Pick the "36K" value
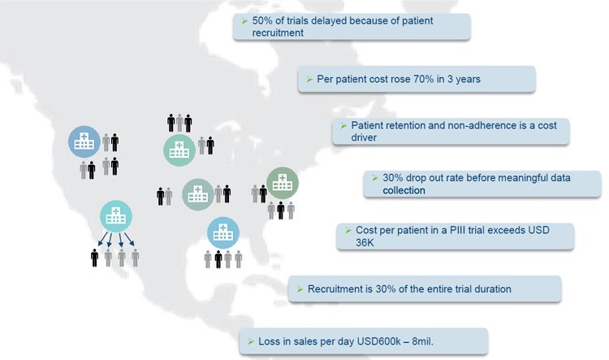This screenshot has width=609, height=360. coord(365,243)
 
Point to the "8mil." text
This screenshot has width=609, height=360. coord(422,341)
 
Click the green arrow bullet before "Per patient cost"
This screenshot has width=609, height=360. coord(309,80)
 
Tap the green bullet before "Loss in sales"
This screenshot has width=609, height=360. coord(251,342)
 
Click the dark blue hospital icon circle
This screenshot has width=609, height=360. coord(84,142)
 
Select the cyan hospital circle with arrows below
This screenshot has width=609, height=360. coord(116,216)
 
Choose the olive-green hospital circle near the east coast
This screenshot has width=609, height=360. coord(283,183)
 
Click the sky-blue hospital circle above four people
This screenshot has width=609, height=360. coord(223,233)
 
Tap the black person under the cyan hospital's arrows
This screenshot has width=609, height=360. coord(94,258)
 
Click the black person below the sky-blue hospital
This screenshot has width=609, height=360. coord(218,259)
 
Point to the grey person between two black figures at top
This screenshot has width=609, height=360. coord(179,123)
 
